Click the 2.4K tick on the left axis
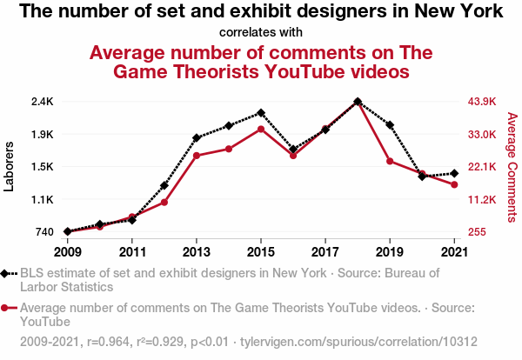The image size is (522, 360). point(43,102)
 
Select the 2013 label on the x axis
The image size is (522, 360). point(197,252)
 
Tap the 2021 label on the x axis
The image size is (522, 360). point(454,252)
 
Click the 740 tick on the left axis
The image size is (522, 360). point(45,232)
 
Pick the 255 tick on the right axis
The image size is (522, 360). point(477,232)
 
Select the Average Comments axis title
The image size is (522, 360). point(512,166)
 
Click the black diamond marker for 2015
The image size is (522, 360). point(261,113)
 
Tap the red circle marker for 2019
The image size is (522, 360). point(390,161)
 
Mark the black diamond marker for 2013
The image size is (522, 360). point(197,137)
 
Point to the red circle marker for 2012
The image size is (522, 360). point(164,203)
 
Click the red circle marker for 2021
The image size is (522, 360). point(454,184)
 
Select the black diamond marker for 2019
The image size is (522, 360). point(390,125)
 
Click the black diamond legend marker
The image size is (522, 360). point(7,273)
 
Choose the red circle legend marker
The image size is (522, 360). point(7,307)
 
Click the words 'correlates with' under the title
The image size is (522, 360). point(261,32)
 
